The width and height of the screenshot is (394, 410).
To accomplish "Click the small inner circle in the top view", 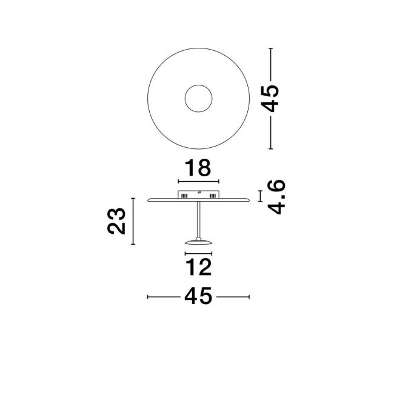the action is coord(198,85).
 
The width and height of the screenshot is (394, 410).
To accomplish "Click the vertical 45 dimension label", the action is coord(270,98).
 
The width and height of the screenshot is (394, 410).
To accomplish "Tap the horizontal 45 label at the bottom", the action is coord(198,296).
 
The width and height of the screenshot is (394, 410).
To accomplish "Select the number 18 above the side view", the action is coord(198,168).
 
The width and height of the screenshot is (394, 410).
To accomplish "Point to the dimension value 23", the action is coord(116,221).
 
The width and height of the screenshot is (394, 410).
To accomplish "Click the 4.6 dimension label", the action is coord(276,197).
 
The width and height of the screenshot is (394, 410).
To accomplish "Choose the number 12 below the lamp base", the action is coord(198,267).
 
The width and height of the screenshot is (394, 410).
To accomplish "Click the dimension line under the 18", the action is coord(198,181).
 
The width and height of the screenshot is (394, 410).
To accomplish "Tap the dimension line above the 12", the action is coord(198,253).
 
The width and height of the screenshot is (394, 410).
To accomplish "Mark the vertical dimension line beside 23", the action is coord(133,221).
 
